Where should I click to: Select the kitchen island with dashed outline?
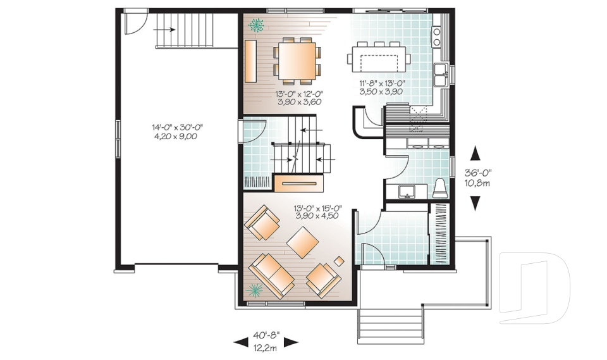coord(379,59)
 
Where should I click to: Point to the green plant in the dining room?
coord(257,25)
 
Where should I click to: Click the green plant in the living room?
coord(256,290)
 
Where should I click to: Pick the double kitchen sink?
coord(441,73)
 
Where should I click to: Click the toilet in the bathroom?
coord(441,189)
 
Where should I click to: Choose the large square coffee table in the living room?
coord(303,242)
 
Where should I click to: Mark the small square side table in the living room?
coord(340,261)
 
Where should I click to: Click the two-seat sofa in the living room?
coord(271,273)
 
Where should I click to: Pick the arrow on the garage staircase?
coord(168,29)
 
